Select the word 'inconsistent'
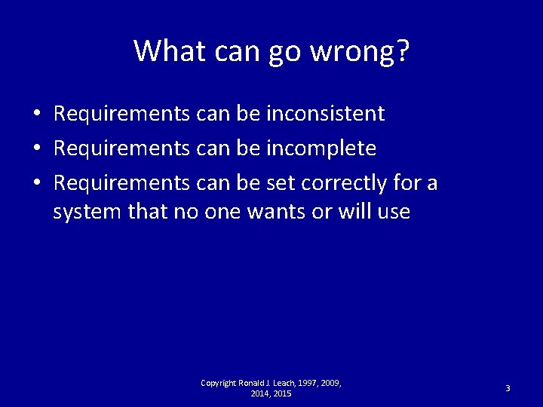(x=326, y=114)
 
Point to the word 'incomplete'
(x=321, y=148)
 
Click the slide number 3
(x=508, y=388)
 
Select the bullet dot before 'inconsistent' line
(x=36, y=115)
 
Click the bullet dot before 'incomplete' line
(x=36, y=149)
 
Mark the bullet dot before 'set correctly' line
(x=36, y=184)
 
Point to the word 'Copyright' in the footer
(x=219, y=384)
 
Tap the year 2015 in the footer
(x=282, y=394)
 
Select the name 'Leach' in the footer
(x=281, y=384)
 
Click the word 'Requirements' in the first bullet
(x=121, y=114)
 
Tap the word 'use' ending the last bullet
(x=394, y=212)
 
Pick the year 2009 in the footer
(x=330, y=384)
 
